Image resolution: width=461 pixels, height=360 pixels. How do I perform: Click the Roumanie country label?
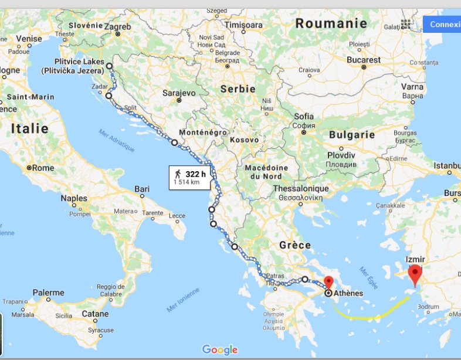point(331,24)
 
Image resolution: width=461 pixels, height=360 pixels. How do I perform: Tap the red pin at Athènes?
point(328,281)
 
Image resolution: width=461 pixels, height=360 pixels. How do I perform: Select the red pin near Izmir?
point(415,273)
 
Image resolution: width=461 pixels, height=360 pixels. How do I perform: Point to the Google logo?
point(220,349)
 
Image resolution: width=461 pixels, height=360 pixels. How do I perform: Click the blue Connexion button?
point(443,24)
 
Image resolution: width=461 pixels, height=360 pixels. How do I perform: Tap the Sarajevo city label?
point(178,93)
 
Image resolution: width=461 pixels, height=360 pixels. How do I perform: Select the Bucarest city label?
point(363,60)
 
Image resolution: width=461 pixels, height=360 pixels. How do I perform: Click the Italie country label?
point(29,128)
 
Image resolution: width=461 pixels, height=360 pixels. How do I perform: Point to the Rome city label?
point(43,168)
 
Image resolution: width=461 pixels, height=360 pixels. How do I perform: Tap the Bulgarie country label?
point(352,134)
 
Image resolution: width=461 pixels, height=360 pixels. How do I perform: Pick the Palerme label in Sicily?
point(49,293)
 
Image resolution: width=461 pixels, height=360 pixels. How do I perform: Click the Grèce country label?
point(295,246)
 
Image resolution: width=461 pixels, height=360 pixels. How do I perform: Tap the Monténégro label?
point(203,133)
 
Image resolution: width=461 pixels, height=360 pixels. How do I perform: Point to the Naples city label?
point(74,198)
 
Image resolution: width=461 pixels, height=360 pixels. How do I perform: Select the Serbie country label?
point(238,89)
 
